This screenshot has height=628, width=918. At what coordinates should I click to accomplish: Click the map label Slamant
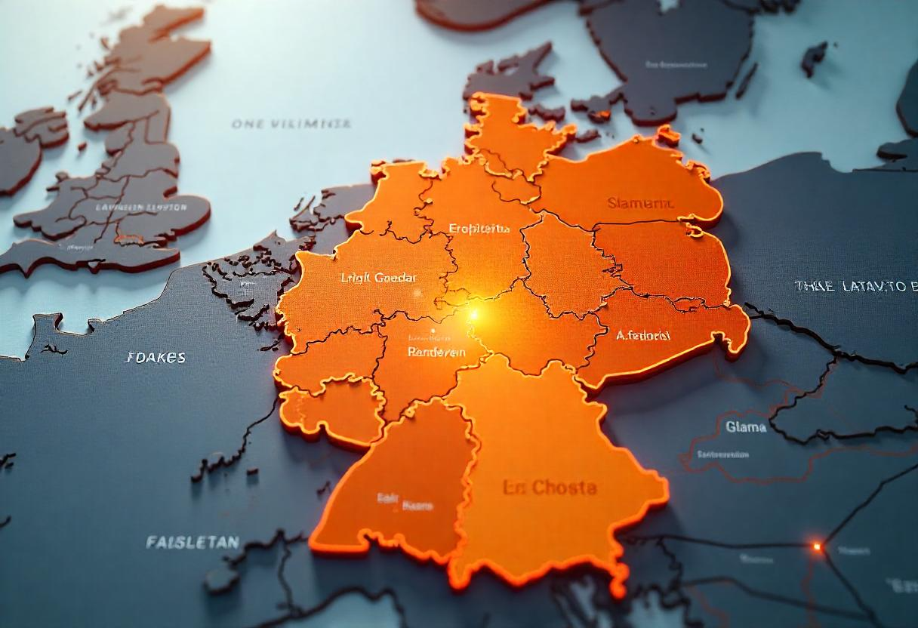(641, 203)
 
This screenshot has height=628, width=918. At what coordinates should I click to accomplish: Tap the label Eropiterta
(479, 228)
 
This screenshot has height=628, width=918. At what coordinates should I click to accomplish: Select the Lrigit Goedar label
(378, 278)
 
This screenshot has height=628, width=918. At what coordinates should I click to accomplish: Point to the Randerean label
(436, 352)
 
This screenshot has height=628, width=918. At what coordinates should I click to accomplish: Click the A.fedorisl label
(642, 335)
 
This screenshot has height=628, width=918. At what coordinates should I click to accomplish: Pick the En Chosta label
(550, 488)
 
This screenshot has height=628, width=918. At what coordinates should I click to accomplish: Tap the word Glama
(746, 427)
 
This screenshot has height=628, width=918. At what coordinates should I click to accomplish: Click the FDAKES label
(156, 358)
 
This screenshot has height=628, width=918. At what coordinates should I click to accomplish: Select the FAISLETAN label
(193, 542)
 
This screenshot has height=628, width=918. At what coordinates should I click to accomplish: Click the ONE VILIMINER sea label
(291, 124)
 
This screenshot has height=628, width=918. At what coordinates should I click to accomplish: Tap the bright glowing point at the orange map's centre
(475, 312)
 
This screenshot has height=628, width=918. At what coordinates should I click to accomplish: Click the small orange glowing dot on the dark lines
(816, 546)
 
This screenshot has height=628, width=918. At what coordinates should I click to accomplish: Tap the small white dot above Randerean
(433, 330)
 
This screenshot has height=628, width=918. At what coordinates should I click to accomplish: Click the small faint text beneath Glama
(722, 454)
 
